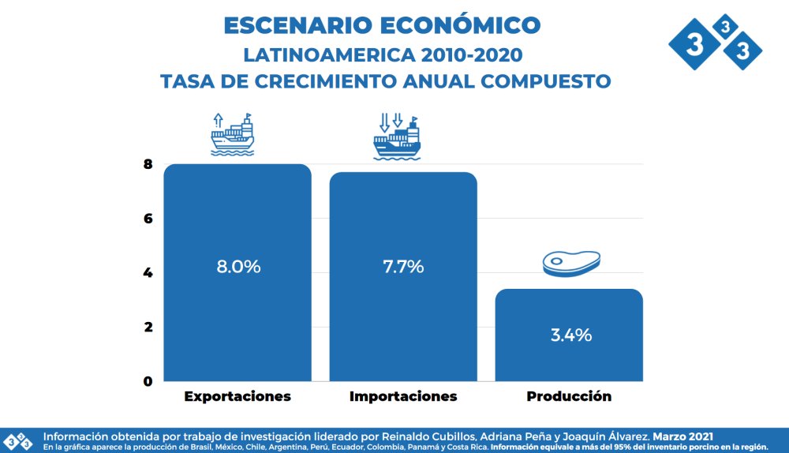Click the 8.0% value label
[238, 267]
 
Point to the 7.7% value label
[403, 267]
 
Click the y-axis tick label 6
[148, 219]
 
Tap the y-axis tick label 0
[148, 381]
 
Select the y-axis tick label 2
[148, 327]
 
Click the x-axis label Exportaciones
[237, 396]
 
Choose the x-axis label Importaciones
[403, 396]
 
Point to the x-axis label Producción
[569, 396]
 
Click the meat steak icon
[572, 262]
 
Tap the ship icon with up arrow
[233, 133]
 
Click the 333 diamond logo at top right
[715, 43]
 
